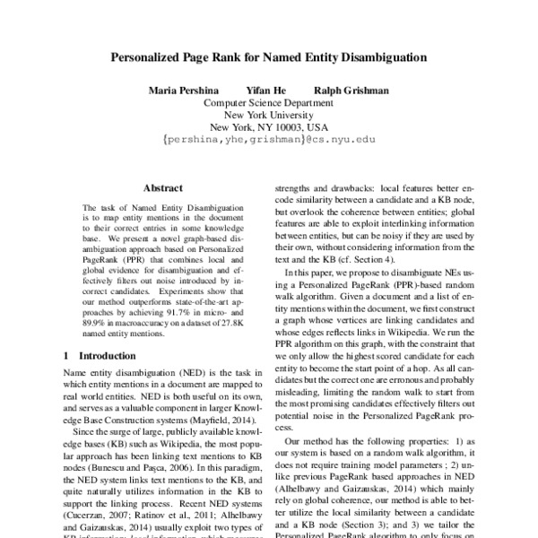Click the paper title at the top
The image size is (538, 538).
[x=268, y=56]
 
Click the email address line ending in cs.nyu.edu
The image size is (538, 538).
[x=268, y=141]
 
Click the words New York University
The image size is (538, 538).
[x=268, y=115]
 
